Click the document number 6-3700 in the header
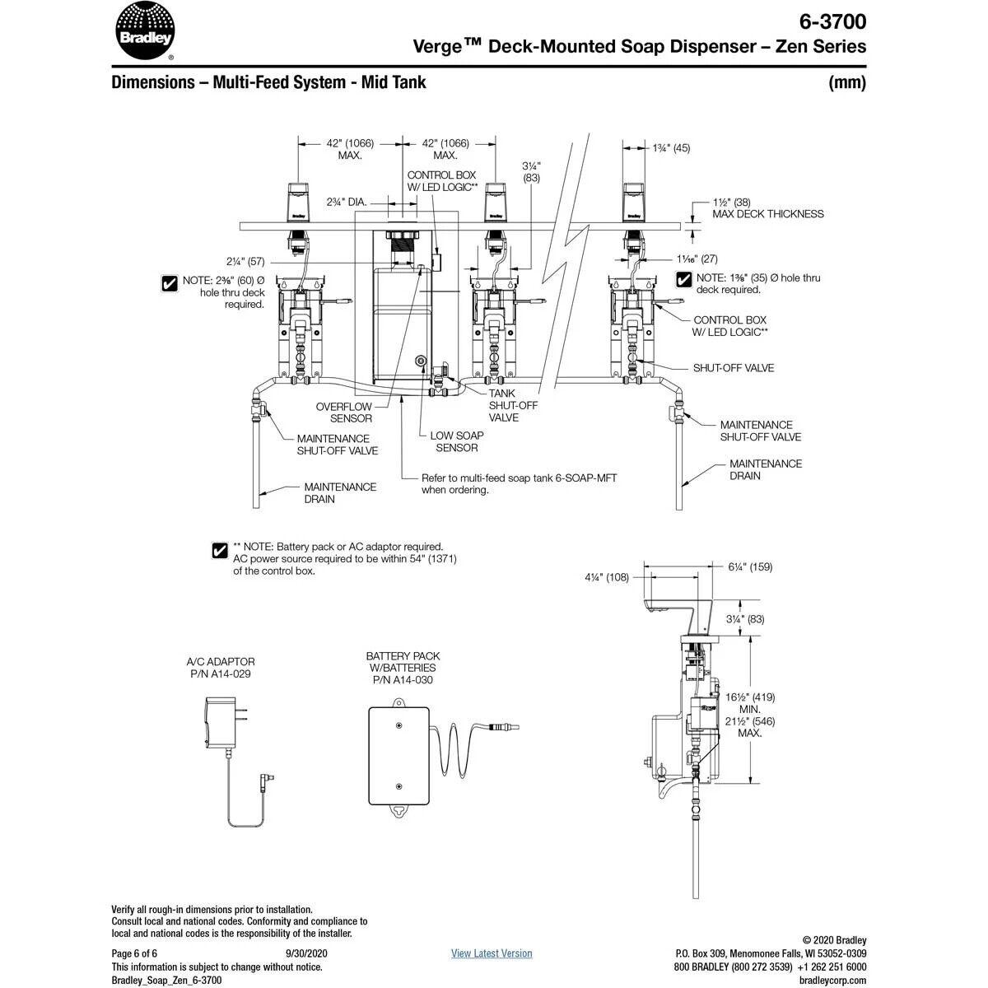(x=832, y=21)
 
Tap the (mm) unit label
(x=847, y=82)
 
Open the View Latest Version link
(x=492, y=953)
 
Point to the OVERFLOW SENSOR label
(x=344, y=412)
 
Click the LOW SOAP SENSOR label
(x=457, y=441)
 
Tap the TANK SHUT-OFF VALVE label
(x=503, y=405)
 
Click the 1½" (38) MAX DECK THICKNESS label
(x=767, y=207)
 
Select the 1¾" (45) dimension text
(x=671, y=148)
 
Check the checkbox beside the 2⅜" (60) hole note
(x=170, y=283)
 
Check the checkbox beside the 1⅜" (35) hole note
(x=683, y=280)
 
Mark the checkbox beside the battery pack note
(x=220, y=550)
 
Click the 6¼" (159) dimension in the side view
(x=750, y=566)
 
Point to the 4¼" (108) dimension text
(x=607, y=577)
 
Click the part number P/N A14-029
(x=220, y=673)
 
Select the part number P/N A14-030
(x=403, y=680)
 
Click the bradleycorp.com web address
(x=832, y=980)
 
